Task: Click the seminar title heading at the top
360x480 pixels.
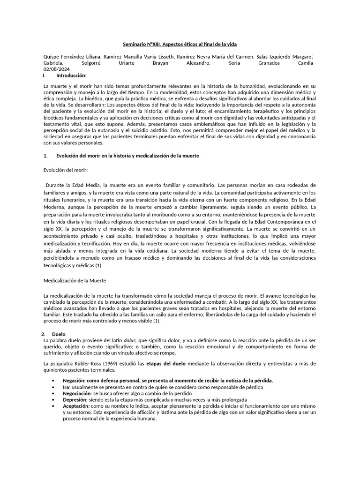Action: pyautogui.click(x=180, y=44)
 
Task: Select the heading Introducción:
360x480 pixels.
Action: pyautogui.click(x=71, y=75)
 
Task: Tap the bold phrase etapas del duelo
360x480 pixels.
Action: pyautogui.click(x=166, y=363)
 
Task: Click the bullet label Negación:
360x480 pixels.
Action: pyautogui.click(x=75, y=381)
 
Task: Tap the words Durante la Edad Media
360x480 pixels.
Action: pyautogui.click(x=73, y=185)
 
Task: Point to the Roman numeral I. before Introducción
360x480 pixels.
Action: pyautogui.click(x=44, y=75)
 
